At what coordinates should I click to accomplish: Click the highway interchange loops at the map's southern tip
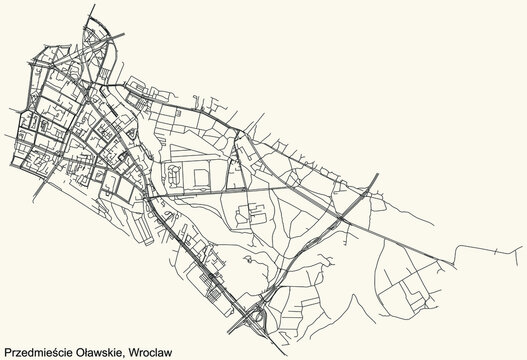[256, 318]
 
